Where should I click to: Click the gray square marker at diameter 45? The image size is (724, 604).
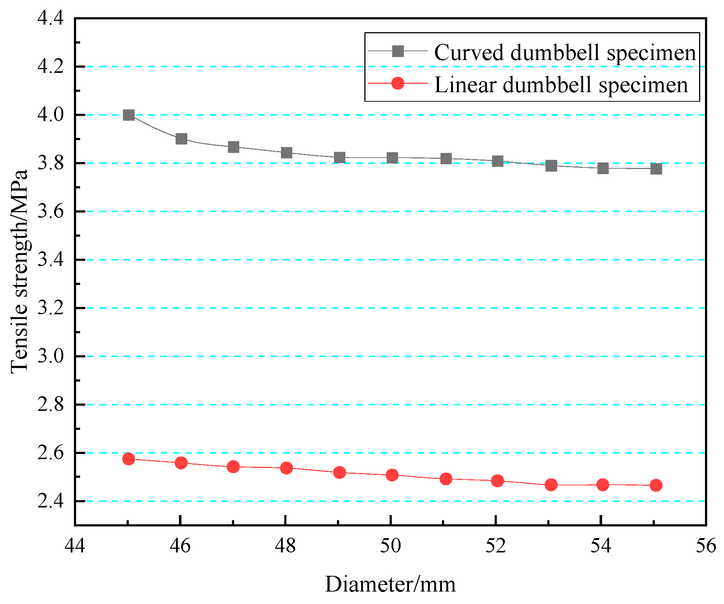point(128,115)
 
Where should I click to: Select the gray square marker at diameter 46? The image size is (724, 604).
point(181,139)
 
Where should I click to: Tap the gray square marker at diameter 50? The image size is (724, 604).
point(392,158)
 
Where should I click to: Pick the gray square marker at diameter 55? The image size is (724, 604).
point(656,169)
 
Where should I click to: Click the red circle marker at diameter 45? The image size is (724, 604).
point(128,459)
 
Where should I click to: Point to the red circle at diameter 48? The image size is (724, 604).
point(286,468)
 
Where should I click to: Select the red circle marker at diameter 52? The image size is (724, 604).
point(498,481)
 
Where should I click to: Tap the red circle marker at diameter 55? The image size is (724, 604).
point(656,485)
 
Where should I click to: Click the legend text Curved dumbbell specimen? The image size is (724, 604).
point(564,52)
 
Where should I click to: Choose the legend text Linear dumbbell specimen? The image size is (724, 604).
point(561,85)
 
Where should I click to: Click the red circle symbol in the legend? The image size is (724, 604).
point(398,83)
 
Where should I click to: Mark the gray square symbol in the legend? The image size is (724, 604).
point(398,51)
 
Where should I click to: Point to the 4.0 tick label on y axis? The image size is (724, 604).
point(50,115)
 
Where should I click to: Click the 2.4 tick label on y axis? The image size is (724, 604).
point(50,502)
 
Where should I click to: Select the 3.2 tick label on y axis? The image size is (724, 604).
point(50,308)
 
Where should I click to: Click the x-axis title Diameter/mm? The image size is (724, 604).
point(390,585)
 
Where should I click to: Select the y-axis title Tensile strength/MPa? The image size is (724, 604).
point(19,271)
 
